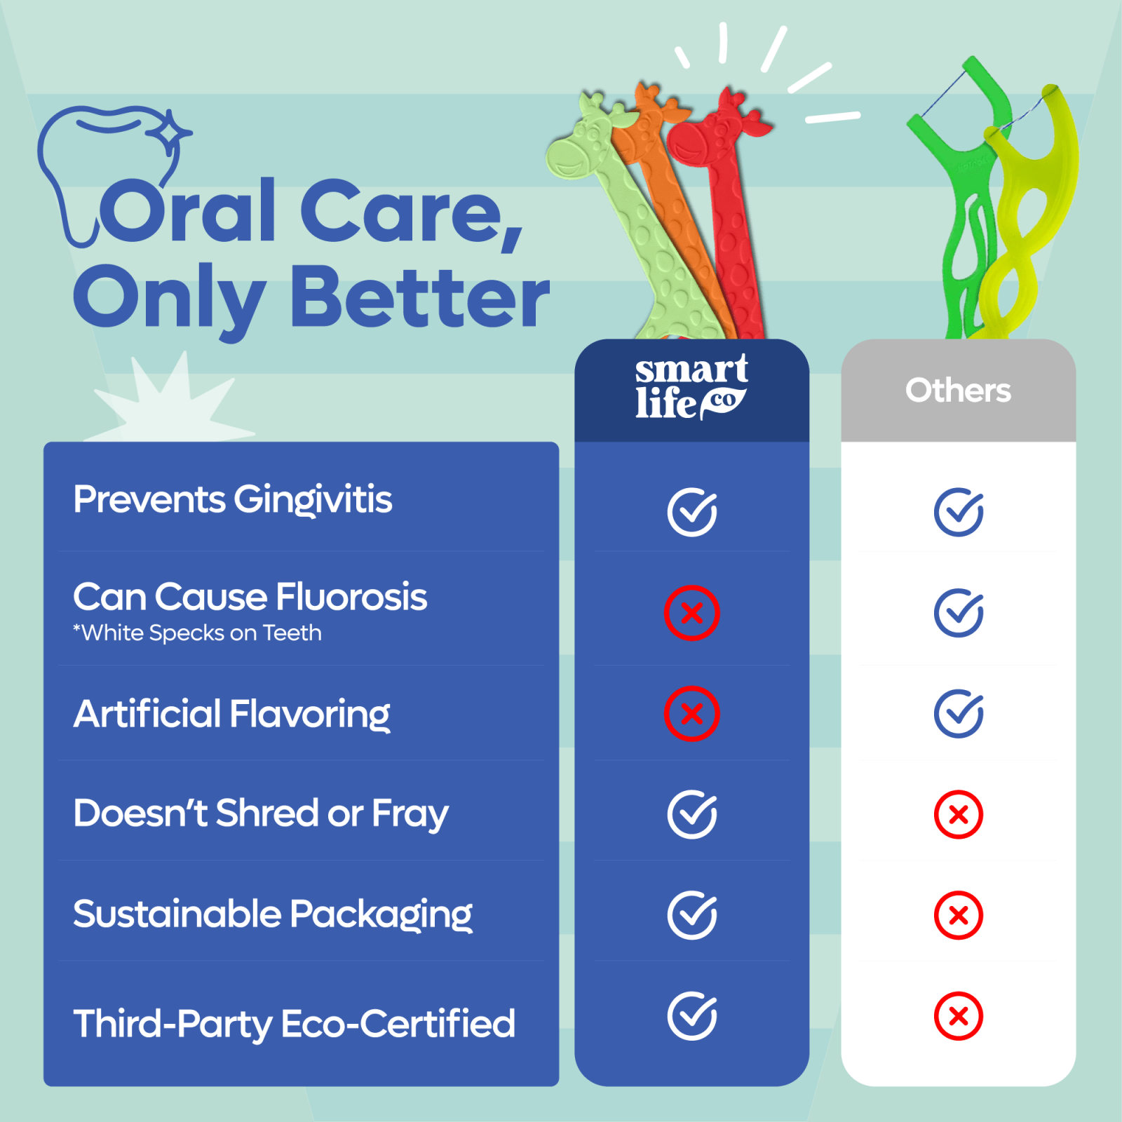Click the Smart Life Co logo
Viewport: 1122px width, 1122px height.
(x=691, y=388)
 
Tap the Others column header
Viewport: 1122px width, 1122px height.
(x=958, y=391)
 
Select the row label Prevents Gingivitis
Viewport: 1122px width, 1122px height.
(x=233, y=501)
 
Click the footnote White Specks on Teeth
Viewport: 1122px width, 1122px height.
(x=198, y=633)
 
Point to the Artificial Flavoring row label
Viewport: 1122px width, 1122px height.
(x=231, y=715)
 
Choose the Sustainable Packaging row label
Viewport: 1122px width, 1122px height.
(x=273, y=915)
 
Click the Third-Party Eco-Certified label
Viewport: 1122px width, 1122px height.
(x=295, y=1024)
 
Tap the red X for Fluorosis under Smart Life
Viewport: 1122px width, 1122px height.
(x=691, y=613)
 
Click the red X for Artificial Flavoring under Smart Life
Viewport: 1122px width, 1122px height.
(x=691, y=714)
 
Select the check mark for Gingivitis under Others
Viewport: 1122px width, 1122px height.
(x=958, y=512)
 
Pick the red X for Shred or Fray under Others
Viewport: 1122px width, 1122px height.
(x=958, y=815)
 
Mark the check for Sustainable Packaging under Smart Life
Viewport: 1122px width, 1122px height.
(x=691, y=915)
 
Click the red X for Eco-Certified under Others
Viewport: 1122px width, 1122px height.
(x=958, y=1016)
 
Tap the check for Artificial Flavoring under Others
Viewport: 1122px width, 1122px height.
(x=958, y=714)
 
